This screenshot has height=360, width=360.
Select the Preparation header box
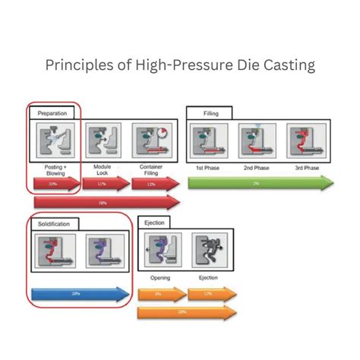[x=52, y=112]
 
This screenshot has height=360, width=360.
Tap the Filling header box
[x=210, y=112]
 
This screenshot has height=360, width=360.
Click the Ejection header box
[x=155, y=223]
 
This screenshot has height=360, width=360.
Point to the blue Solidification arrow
[x=81, y=294]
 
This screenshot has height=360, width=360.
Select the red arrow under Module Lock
[x=103, y=184]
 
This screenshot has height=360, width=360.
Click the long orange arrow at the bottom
[x=185, y=311]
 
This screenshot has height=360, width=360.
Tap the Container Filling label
[x=150, y=170]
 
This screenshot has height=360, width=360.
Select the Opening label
[x=158, y=277]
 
